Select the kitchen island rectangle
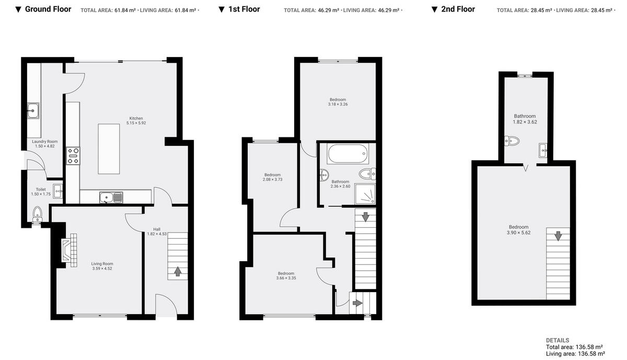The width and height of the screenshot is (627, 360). coord(109,148)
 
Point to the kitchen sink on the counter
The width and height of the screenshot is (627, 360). coord(111,198)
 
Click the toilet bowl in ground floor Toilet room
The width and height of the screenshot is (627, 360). coord(37,213)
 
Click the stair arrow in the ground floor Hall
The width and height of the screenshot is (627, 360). coord(178,271)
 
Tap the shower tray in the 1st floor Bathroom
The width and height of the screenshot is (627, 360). coord(365,193)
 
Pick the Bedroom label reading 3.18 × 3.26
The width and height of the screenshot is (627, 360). coord(338,102)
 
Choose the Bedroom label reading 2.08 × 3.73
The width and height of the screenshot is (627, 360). coord(272,177)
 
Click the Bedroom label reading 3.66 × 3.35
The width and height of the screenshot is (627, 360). coord(286,276)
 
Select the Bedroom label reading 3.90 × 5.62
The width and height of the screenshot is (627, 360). coord(518,230)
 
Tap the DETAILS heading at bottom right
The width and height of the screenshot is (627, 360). coord(558,340)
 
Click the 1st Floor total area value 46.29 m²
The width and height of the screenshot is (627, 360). coord(328,10)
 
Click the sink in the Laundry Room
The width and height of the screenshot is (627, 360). coord(33,111)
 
